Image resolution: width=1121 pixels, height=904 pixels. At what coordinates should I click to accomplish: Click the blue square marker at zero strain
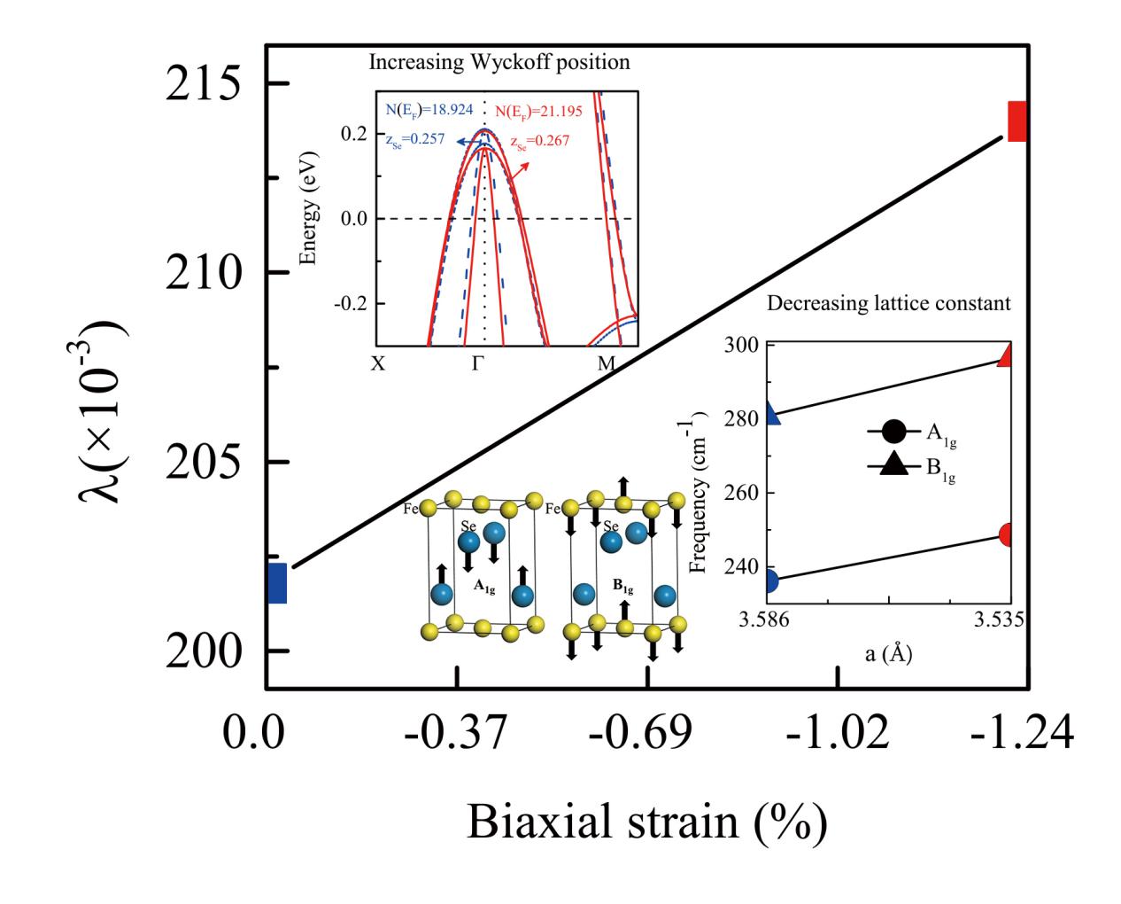tap(276, 583)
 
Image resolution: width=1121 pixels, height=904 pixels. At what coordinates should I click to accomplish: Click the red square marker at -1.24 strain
tap(1017, 121)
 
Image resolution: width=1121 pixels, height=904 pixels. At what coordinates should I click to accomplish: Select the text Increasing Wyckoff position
tap(499, 63)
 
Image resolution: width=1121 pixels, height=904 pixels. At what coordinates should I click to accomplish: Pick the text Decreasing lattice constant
tap(888, 303)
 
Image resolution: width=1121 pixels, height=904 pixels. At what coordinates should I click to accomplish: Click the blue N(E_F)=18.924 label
tap(429, 110)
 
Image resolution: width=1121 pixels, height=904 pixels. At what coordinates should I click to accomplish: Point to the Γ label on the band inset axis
tap(478, 363)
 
